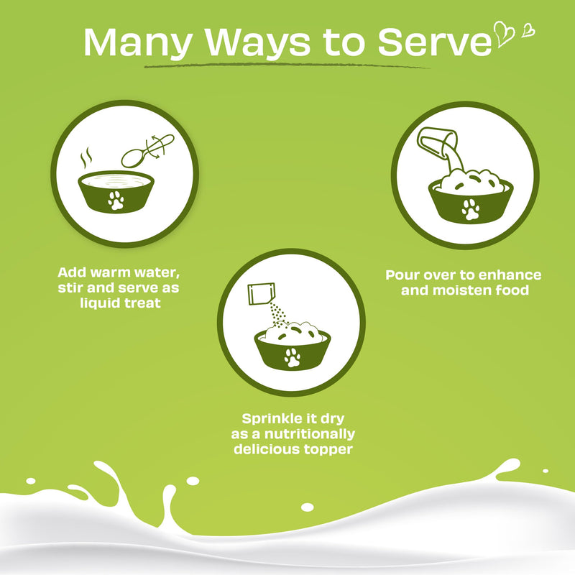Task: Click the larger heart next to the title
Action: tap(505, 34)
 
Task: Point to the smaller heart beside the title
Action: tap(528, 30)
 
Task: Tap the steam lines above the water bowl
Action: tap(86, 157)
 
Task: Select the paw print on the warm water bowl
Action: tap(116, 201)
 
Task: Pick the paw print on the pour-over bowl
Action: tap(471, 209)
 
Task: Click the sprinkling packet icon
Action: tap(261, 294)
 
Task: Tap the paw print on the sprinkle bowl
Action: tap(293, 357)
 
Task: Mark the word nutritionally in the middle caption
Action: tap(310, 434)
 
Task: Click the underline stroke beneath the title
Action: tap(287, 65)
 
